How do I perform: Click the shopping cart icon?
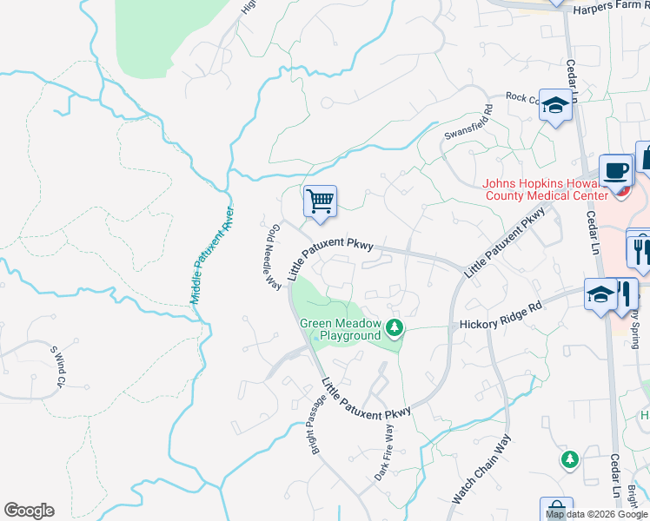(320, 202)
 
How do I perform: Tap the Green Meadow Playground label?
(341, 329)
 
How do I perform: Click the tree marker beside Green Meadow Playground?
(395, 327)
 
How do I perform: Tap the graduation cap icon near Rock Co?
(554, 106)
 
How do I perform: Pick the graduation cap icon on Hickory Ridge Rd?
(600, 293)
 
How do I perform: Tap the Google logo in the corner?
(29, 511)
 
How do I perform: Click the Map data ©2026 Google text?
(597, 514)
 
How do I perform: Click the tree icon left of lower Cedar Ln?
(569, 458)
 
